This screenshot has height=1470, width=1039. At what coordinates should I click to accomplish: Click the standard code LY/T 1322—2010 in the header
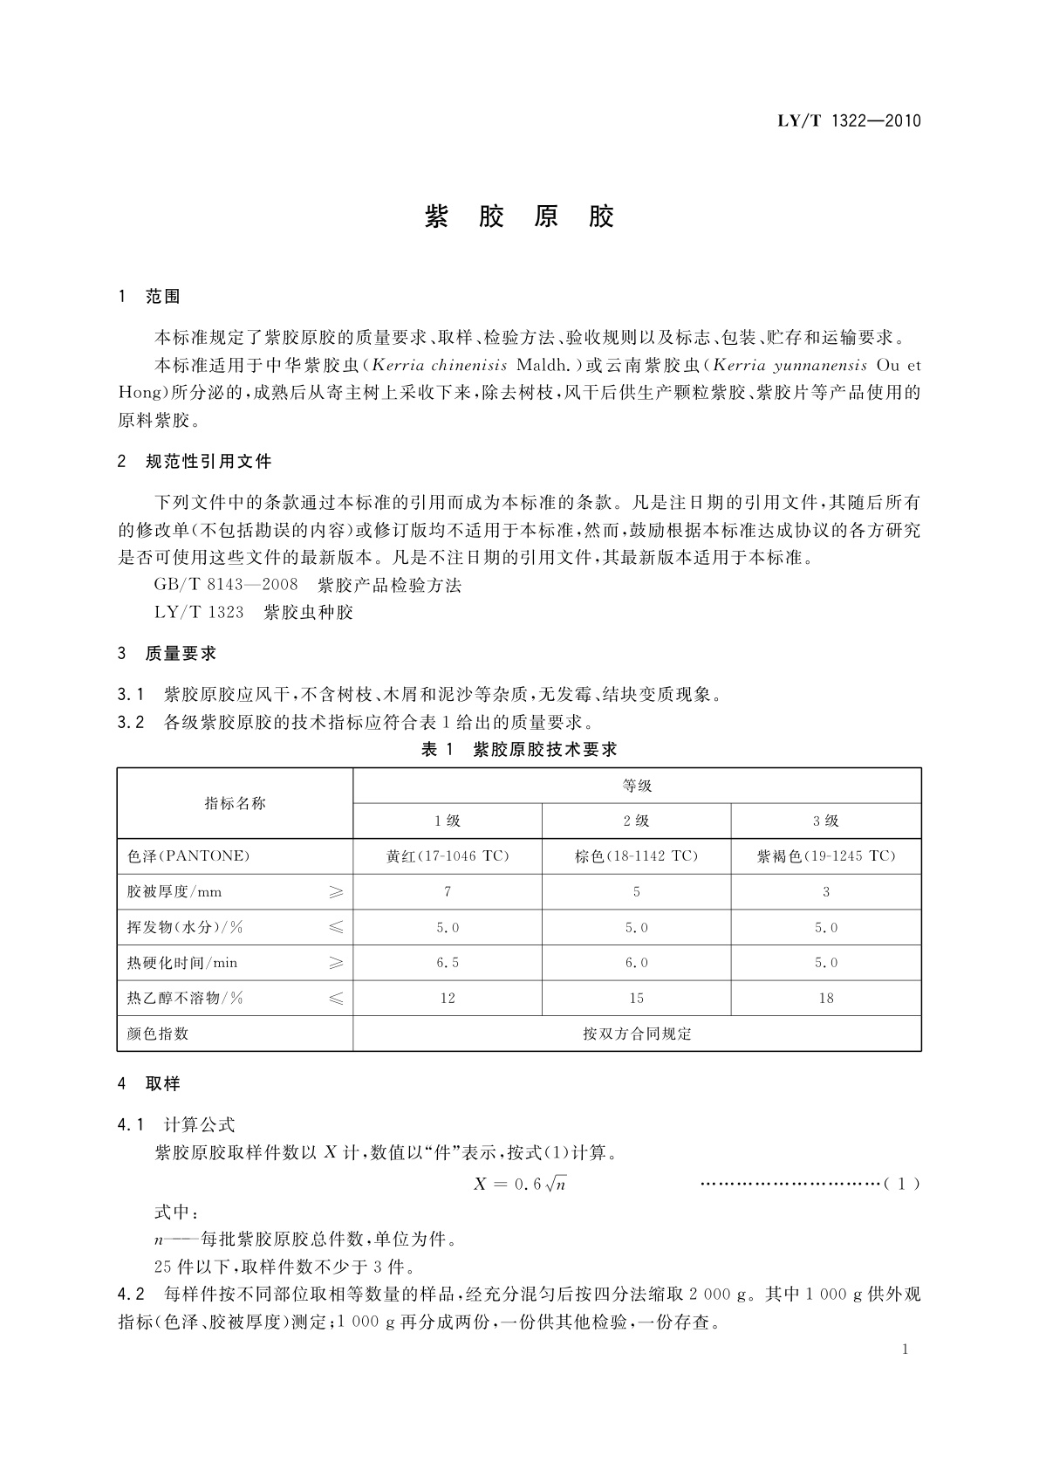pos(849,121)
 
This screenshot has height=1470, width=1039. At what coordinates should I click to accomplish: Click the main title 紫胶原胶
pos(520,216)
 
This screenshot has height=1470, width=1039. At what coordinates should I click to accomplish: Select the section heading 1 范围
pos(149,297)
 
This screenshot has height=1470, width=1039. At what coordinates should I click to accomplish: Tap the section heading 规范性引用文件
pos(208,461)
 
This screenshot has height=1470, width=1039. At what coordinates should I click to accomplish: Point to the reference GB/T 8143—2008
pos(226,585)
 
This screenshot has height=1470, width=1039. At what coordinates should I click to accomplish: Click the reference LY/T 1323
pos(199,612)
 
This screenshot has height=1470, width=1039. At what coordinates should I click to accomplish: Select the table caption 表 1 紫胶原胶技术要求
pos(519,749)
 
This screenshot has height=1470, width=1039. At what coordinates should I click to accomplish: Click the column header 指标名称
pos(235,803)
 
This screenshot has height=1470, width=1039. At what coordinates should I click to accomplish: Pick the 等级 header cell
pos(637,786)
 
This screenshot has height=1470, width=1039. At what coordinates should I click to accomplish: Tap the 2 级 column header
pos(637,821)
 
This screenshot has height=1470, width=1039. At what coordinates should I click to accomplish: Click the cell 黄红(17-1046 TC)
pos(448,856)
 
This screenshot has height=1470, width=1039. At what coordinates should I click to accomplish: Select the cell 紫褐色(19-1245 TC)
pos(826,856)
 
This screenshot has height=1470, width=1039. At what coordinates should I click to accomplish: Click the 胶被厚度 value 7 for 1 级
pos(448,892)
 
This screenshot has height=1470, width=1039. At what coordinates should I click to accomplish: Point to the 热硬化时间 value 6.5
pos(448,963)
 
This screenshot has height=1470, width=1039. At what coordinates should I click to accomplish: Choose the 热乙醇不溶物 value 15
pos(637,998)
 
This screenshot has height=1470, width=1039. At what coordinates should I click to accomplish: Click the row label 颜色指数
pos(158,1034)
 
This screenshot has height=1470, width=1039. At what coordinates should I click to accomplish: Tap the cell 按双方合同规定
pos(637,1034)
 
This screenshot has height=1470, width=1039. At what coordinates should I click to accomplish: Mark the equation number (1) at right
pos(902,1185)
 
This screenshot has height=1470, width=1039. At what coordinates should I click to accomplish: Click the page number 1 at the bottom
pos(905,1350)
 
